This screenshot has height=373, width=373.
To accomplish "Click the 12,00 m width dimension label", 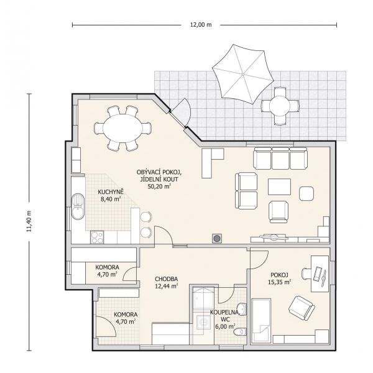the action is click(x=201, y=25).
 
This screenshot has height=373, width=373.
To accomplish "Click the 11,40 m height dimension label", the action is click(x=29, y=221).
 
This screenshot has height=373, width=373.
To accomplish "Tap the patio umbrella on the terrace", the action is click(x=242, y=74).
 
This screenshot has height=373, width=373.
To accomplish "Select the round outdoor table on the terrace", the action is click(x=280, y=106).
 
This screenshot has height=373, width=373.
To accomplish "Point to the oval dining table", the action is click(x=122, y=129).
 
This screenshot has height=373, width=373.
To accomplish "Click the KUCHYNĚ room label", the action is click(x=111, y=191).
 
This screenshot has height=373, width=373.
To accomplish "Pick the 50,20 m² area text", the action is click(x=159, y=186).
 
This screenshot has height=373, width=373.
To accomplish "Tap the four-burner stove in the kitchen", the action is click(x=97, y=237).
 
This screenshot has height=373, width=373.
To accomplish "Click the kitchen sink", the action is click(x=78, y=206).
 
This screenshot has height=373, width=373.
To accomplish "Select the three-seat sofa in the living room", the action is click(x=280, y=159).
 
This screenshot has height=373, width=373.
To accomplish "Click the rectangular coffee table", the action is click(x=279, y=186).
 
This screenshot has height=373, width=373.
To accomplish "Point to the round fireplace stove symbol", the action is click(x=217, y=238).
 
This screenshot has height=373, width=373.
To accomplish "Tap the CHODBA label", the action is click(x=166, y=279).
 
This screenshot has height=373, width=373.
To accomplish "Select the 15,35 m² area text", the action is click(x=280, y=282).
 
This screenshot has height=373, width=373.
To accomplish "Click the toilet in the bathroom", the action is click(x=240, y=332).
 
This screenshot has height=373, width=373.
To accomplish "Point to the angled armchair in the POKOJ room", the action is click(x=302, y=308).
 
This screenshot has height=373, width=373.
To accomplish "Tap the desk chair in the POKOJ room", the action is click(x=306, y=273).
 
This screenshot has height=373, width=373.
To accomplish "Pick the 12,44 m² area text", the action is click(x=166, y=286).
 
